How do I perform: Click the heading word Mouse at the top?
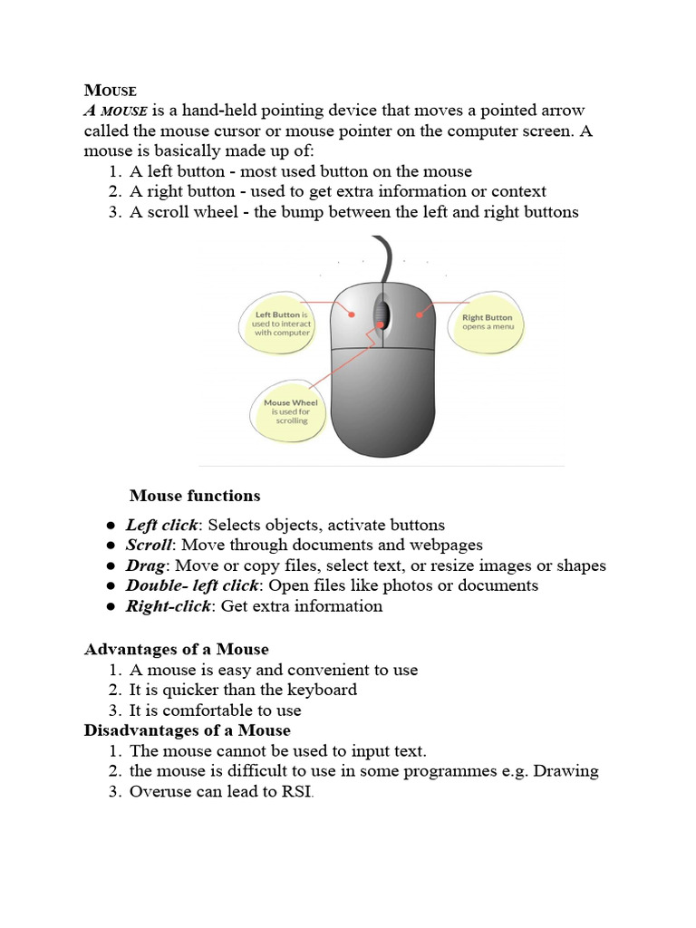coord(110,91)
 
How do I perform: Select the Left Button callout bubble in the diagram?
coord(281,324)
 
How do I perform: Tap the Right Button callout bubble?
coord(487,322)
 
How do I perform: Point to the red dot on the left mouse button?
coord(352,314)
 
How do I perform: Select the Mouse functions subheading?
coord(195,496)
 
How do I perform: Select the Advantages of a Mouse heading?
coord(176,650)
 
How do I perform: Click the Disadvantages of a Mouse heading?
coord(187,730)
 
